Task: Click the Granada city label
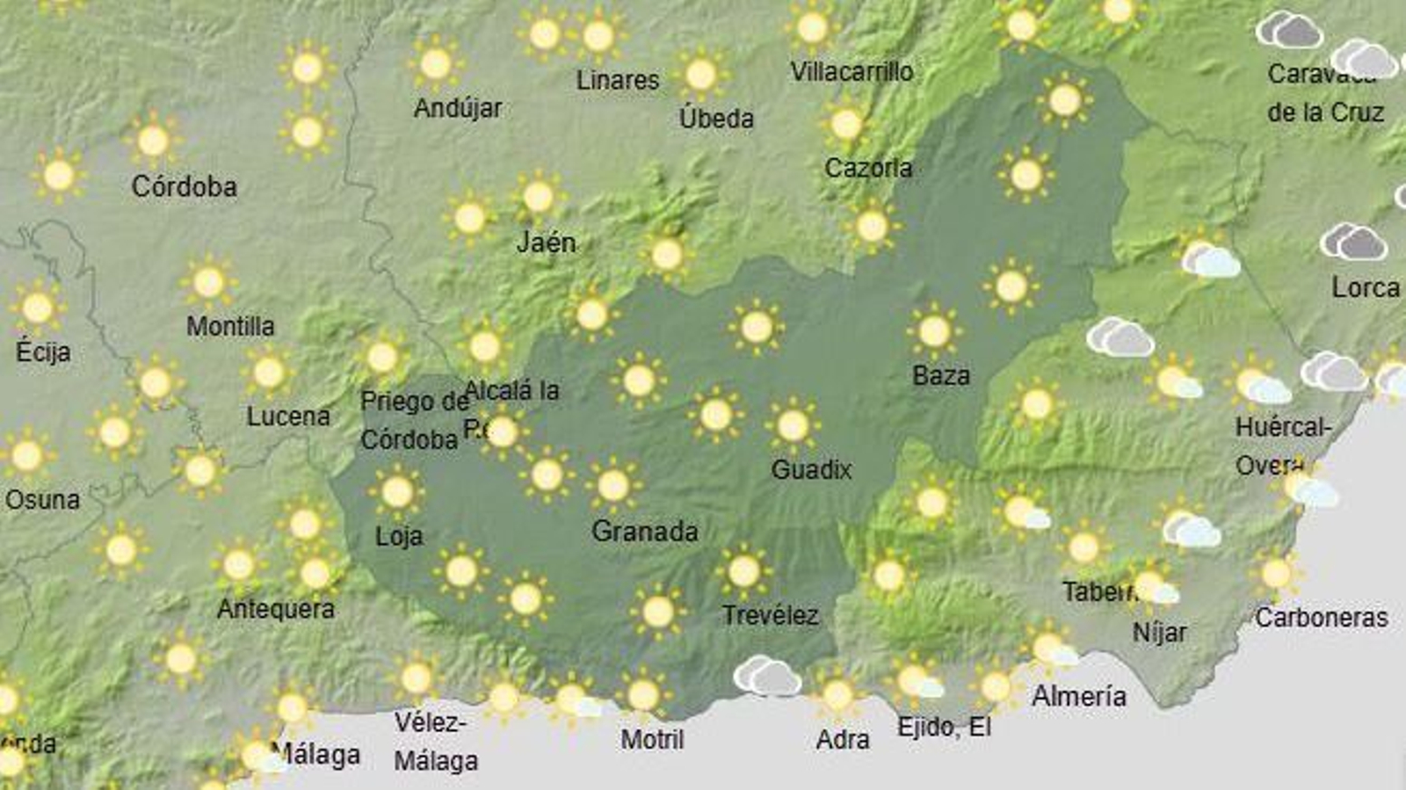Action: (644, 532)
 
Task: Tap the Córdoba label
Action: (184, 186)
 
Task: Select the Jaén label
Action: (546, 242)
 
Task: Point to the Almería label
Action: (1078, 696)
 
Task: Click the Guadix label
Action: (811, 470)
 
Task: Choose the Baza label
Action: (940, 376)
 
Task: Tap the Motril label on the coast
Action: (652, 740)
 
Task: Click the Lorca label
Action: (1365, 287)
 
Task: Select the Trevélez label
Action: (770, 615)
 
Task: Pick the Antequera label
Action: (275, 609)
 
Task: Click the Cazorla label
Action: (867, 168)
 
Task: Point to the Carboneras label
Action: (1321, 618)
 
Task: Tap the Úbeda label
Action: (716, 119)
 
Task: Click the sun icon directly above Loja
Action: (397, 492)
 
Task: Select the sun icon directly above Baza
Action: (933, 332)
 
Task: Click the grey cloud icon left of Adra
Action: (767, 676)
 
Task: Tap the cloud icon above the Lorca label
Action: (1353, 242)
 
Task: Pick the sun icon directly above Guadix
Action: (793, 425)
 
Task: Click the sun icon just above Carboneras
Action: (1276, 575)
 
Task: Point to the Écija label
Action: (42, 352)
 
